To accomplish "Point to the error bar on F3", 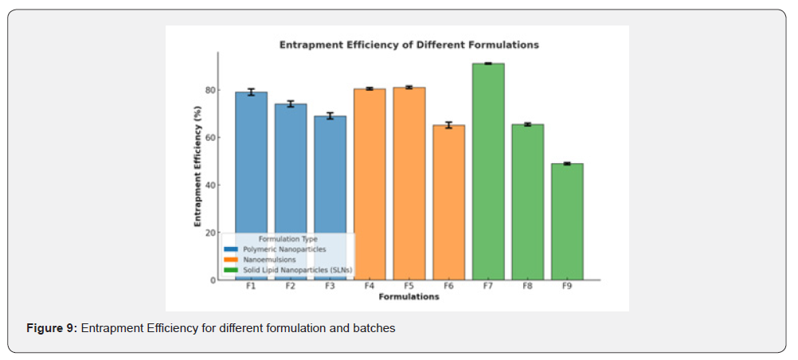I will coord(330,116).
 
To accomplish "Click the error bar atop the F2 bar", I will coord(291,104).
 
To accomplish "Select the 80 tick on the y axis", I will coord(210,90).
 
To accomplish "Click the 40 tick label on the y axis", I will coord(210,185).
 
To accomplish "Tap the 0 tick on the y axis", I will coord(213,280).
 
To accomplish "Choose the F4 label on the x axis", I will coord(370,287).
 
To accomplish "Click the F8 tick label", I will coord(527,287).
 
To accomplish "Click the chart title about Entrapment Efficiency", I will coord(409,45).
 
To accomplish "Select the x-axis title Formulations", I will coord(409,297).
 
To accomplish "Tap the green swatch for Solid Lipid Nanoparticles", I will coord(231,270).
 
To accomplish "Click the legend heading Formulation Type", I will coord(288,239).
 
